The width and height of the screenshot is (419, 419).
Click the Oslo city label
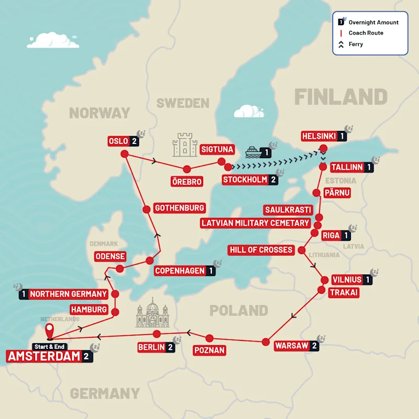tap(118, 141)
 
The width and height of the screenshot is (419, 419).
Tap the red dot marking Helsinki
tap(323, 148)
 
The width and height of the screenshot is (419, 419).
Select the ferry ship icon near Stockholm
tap(252, 152)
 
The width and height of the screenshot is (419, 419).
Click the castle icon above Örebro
tap(185, 145)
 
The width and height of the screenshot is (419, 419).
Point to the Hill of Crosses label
tap(261, 250)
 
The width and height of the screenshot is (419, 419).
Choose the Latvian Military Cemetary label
tap(256, 223)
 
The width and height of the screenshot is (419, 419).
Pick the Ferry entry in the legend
tap(356, 45)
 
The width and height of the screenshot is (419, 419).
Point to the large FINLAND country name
tap(340, 97)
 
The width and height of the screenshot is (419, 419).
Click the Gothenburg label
tap(179, 208)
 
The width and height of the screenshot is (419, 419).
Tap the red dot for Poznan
tap(209, 338)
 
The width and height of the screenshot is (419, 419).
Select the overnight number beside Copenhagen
tap(211, 271)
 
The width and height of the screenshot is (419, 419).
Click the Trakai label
tap(343, 293)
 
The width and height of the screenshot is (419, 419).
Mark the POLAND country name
tap(239, 310)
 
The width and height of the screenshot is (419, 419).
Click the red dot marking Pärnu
tap(316, 193)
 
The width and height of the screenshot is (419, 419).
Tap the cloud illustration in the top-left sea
tap(53, 40)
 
